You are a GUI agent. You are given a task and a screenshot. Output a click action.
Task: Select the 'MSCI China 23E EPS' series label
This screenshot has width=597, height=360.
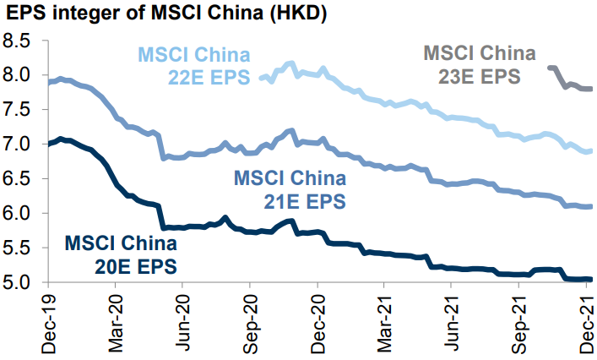coord(479,63)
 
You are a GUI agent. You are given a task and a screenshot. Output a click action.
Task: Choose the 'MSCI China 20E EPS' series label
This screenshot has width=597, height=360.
coord(121,255)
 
